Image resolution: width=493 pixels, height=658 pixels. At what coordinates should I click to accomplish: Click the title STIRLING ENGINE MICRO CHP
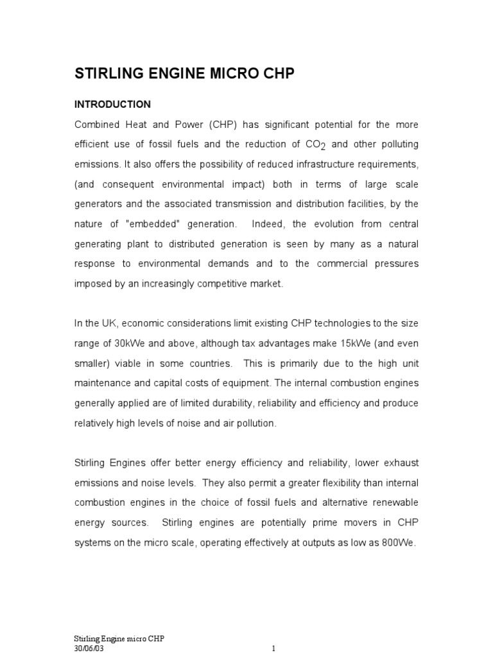click(x=185, y=74)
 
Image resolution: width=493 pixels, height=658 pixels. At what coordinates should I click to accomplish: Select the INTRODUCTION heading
click(x=112, y=104)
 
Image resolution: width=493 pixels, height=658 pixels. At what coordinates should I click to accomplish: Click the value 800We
click(x=397, y=542)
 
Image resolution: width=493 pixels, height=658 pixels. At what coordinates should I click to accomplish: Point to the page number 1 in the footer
click(x=273, y=648)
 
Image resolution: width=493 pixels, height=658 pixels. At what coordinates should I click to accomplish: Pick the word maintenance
click(x=106, y=384)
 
